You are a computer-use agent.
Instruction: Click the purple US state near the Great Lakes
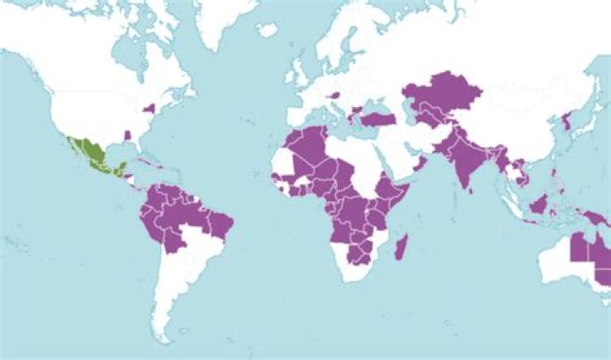point(152,109)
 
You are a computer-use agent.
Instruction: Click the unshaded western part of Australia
point(555,259)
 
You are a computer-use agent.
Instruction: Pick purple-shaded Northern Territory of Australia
point(580,247)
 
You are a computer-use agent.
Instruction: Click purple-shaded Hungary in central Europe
point(334,95)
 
